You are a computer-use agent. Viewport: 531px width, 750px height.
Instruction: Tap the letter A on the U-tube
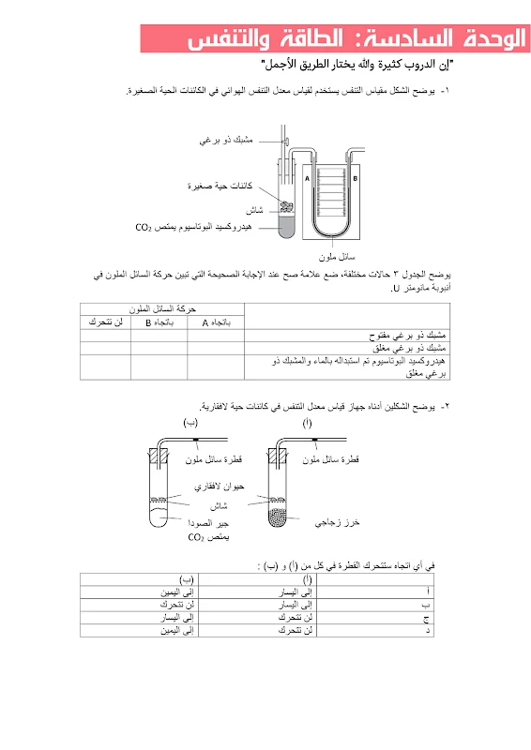(307, 175)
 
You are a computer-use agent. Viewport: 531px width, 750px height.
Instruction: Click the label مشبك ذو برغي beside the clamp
(228, 140)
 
